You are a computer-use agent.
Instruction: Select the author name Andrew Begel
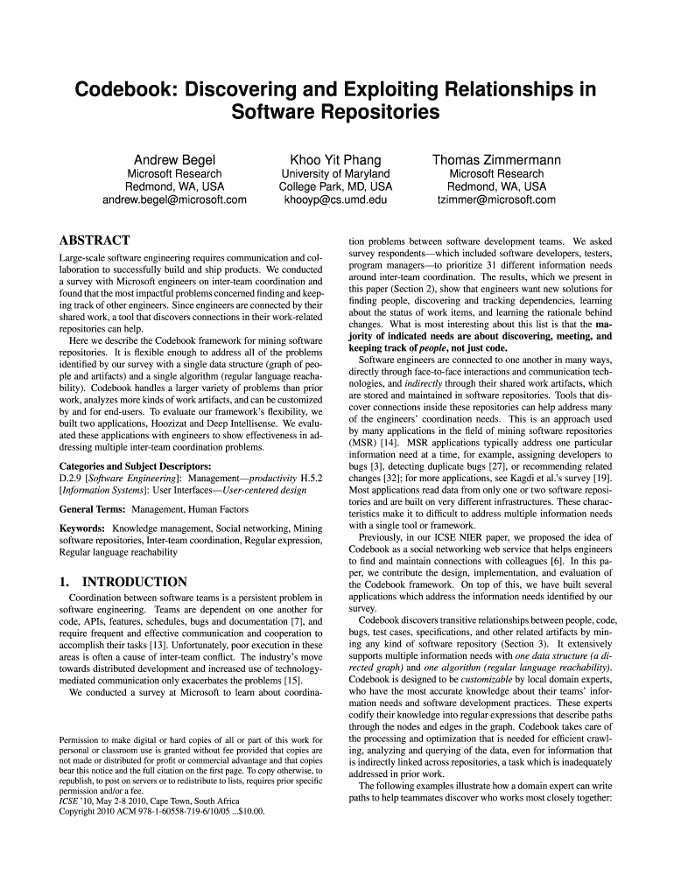[174, 160]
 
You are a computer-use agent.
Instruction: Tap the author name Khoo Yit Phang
[335, 160]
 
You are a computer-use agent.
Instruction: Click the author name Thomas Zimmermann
[496, 160]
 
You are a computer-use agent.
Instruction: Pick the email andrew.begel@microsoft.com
[174, 200]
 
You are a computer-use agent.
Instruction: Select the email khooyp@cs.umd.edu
[335, 200]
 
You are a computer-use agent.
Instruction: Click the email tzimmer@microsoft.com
[496, 200]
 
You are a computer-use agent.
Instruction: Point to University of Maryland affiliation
[335, 174]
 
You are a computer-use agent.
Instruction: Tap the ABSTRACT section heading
[94, 241]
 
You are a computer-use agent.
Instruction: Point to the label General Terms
[91, 509]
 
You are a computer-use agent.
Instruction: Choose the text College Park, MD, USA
[335, 187]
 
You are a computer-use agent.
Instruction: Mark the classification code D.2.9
[70, 479]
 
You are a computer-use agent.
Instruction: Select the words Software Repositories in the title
[335, 114]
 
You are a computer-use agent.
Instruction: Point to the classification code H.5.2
[311, 479]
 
